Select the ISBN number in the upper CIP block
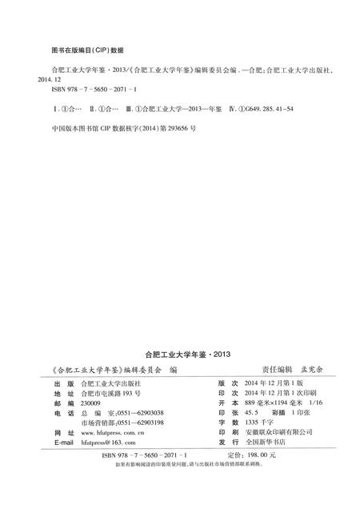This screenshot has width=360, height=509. tap(95, 90)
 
